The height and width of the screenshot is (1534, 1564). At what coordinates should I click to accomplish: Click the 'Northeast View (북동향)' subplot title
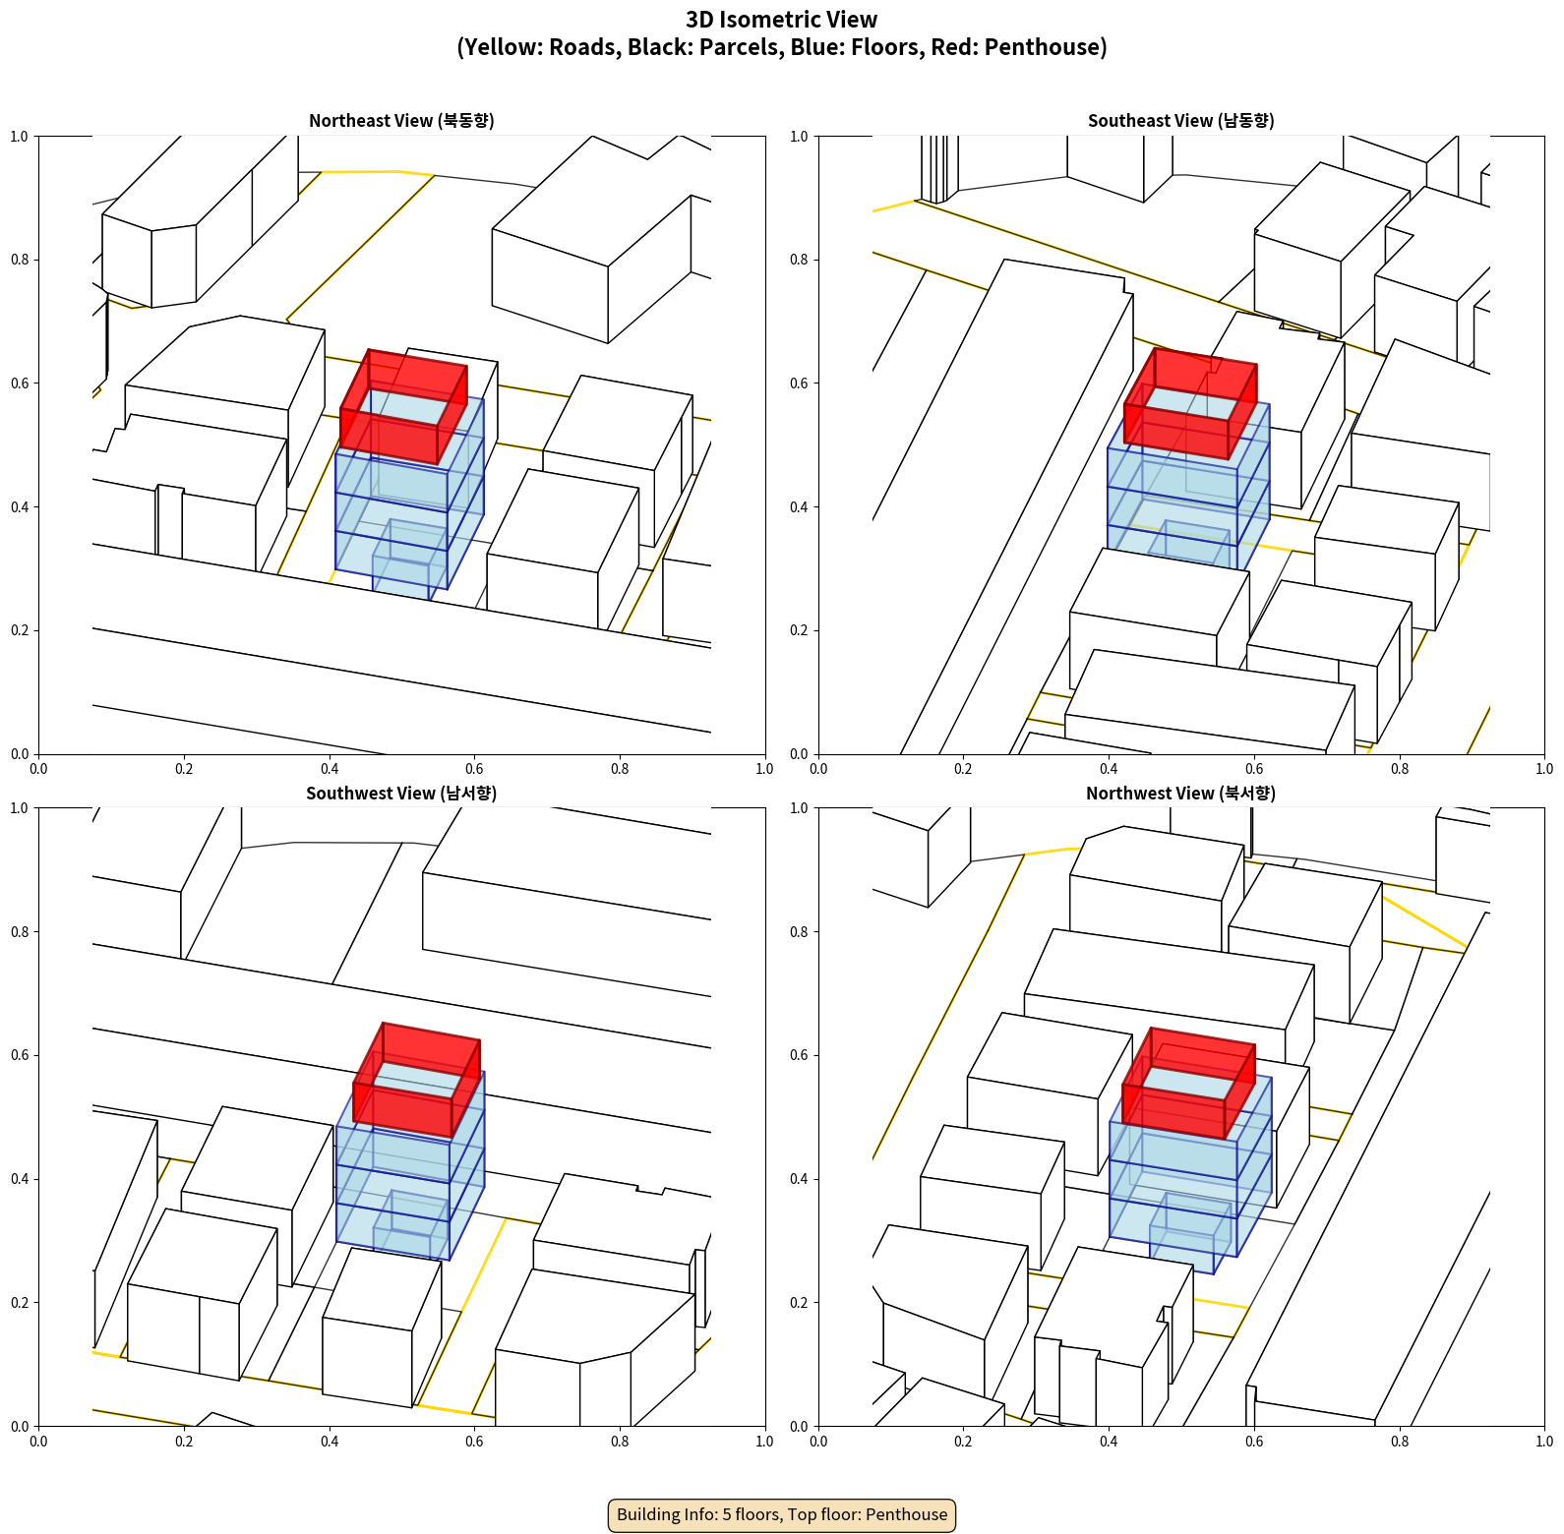click(401, 121)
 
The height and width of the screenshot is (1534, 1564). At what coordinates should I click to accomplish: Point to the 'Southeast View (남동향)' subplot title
click(1180, 121)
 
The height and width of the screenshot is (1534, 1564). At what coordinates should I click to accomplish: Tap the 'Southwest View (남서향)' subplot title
click(401, 794)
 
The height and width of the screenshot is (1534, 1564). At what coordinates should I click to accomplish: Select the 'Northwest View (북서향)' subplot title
click(1180, 794)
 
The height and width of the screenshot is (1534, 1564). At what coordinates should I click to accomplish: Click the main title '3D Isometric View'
click(782, 20)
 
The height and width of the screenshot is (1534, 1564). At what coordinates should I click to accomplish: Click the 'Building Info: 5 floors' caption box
click(782, 1514)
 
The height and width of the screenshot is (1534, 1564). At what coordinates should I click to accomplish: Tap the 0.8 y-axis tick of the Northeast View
click(20, 260)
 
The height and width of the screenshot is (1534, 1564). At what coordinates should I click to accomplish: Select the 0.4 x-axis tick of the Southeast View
click(1109, 769)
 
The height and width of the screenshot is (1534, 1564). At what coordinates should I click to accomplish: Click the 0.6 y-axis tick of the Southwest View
click(20, 1055)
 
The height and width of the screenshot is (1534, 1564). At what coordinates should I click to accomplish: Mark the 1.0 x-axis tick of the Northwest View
click(1544, 1442)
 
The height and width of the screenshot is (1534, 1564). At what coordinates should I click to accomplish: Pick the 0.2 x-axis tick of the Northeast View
click(184, 769)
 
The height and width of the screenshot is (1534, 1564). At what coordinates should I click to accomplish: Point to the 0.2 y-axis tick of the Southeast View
click(800, 630)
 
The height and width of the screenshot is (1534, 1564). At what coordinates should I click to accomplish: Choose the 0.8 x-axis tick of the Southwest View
click(620, 1442)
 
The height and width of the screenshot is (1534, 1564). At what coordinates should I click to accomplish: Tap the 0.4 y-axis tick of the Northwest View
click(800, 1179)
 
